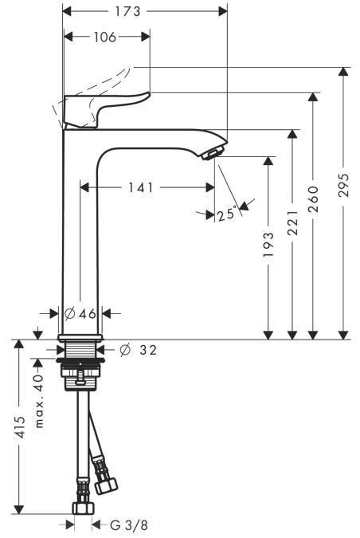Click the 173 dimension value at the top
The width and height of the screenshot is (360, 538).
tap(144, 11)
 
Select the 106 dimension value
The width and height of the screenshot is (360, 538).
tap(105, 37)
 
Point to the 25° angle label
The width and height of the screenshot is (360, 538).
tap(227, 214)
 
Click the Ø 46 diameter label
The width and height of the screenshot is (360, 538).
tap(80, 314)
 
